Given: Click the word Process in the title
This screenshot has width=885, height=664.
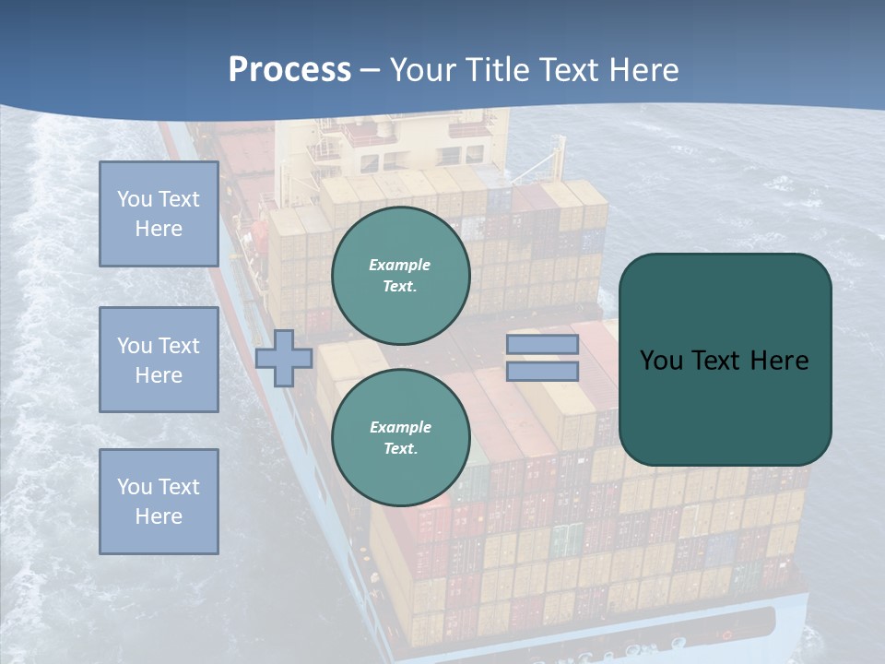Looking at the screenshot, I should click(289, 69).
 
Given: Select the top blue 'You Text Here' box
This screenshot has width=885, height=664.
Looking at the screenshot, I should click(159, 214).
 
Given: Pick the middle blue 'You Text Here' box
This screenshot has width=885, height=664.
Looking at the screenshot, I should click(159, 360).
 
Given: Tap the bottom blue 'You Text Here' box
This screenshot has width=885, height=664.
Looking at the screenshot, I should click(159, 502).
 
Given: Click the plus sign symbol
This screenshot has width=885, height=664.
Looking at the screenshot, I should click(284, 359).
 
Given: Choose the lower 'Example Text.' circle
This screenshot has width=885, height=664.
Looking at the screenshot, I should click(401, 437).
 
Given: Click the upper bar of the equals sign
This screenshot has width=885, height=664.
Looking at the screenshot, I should click(542, 345).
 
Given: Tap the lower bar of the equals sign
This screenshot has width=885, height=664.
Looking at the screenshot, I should click(542, 371).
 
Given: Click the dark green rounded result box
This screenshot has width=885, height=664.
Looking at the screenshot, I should click(726, 360).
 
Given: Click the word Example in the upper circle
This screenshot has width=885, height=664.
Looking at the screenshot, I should click(400, 265).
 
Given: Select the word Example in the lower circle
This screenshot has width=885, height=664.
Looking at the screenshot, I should click(400, 427).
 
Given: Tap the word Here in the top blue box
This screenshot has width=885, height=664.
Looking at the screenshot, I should click(159, 229).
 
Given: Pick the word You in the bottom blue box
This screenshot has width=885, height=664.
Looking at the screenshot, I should click(135, 487).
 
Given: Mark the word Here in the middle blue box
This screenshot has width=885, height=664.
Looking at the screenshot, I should click(159, 375).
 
